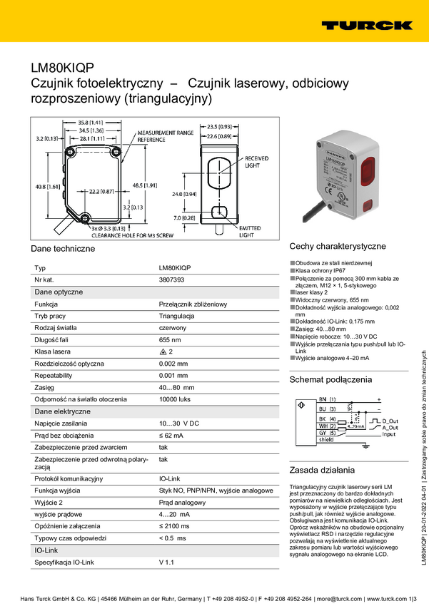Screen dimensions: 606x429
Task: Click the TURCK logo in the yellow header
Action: pyautogui.click(x=366, y=24)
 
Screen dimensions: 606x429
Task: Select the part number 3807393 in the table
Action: pyautogui.click(x=171, y=280)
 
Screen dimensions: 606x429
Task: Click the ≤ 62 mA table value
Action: pyautogui.click(x=171, y=434)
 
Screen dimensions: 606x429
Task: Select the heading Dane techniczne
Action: pyautogui.click(x=63, y=249)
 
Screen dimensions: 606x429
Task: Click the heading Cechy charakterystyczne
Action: pyautogui.click(x=337, y=246)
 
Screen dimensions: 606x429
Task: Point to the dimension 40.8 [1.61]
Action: pyautogui.click(x=41, y=186)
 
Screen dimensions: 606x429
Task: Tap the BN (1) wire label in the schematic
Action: pyautogui.click(x=327, y=399)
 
